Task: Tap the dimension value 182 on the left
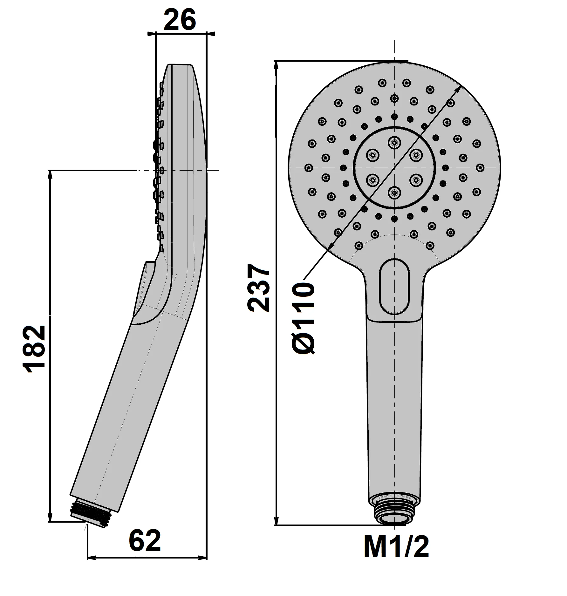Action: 34,349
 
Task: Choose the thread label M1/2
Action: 396,547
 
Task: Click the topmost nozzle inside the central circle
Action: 394,143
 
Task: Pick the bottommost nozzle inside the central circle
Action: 394,192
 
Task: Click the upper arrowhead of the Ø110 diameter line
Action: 458,88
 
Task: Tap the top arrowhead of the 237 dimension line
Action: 277,65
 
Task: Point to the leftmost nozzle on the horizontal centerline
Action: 308,167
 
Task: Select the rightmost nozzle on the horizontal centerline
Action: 480,167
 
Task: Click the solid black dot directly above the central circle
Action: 394,116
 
